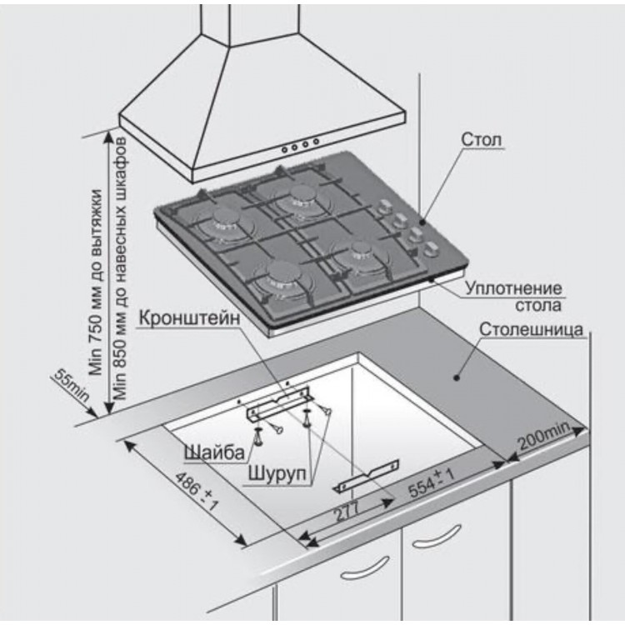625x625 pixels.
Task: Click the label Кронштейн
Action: click(191, 319)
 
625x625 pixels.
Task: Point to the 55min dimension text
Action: click(72, 388)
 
